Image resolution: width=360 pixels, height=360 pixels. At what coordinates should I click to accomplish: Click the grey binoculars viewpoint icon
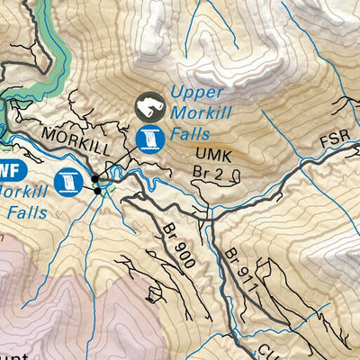[148, 109]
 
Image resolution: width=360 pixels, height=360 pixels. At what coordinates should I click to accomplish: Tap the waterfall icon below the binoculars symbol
[150, 138]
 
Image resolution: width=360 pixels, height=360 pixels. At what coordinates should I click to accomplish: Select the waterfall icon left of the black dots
[67, 181]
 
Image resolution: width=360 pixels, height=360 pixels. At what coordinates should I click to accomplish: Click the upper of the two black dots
[95, 177]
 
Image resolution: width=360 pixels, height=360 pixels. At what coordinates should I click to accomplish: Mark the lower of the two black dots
[97, 190]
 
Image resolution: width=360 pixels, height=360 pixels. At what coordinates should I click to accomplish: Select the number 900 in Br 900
[184, 245]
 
